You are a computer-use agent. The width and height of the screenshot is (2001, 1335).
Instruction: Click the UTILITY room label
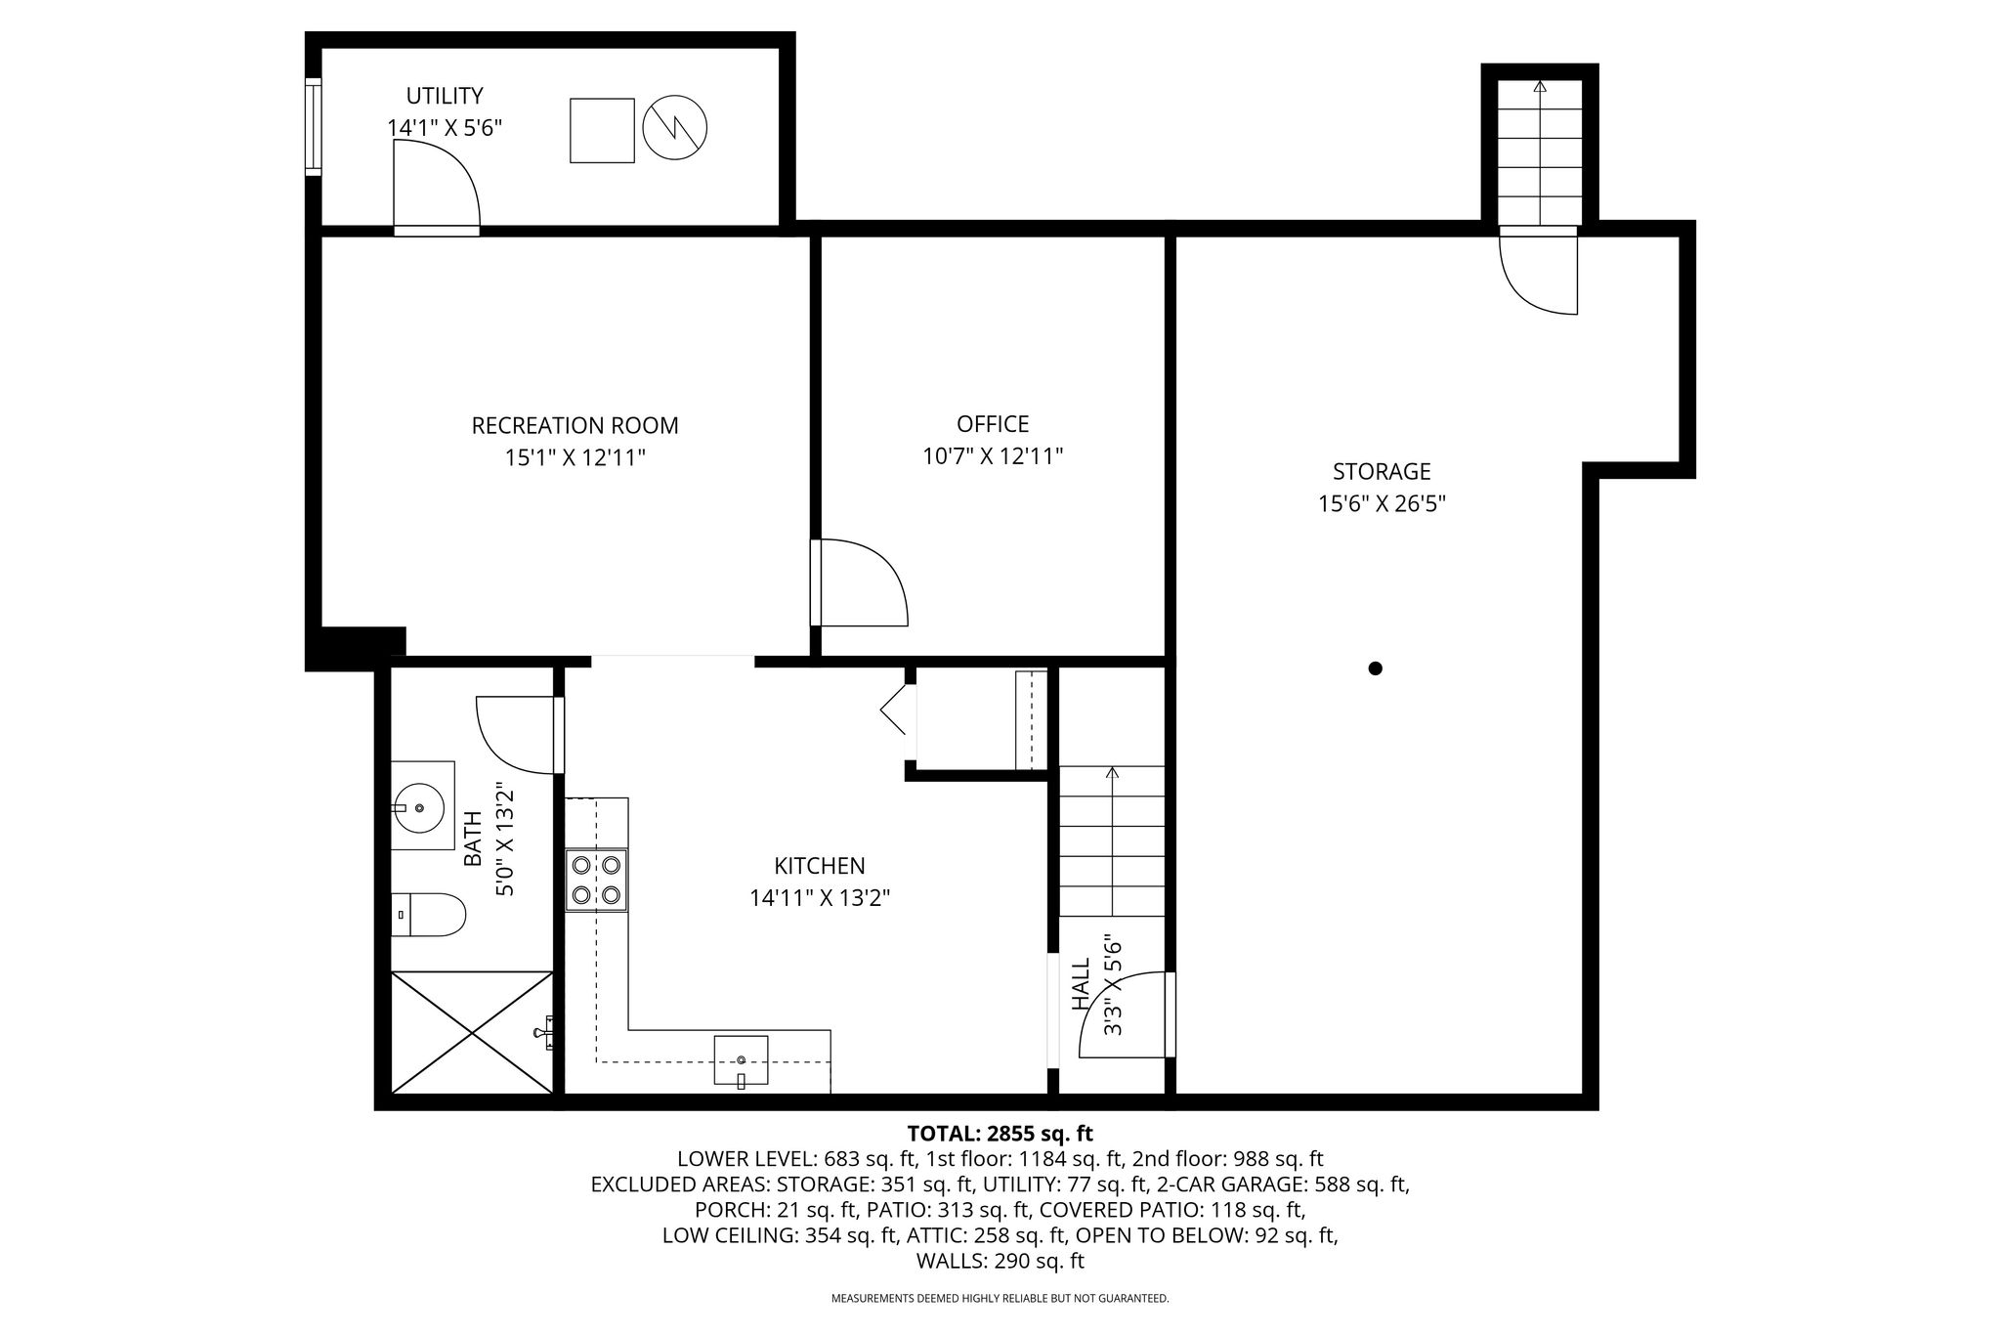tap(445, 96)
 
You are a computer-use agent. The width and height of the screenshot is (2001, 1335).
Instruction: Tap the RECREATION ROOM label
tap(575, 426)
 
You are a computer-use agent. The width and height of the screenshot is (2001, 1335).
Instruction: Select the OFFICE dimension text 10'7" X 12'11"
tap(993, 455)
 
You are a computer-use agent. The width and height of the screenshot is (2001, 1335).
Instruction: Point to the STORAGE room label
tap(1382, 472)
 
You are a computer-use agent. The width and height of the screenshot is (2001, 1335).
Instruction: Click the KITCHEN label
tap(820, 866)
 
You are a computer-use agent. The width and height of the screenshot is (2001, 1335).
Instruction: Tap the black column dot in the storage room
tap(1376, 668)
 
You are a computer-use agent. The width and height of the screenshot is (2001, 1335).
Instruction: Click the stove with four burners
tap(597, 881)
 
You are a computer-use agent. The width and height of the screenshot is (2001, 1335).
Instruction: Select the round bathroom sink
tap(421, 807)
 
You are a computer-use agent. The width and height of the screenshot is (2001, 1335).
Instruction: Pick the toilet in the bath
tap(428, 915)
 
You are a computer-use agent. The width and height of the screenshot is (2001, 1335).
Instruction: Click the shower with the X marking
tap(472, 1032)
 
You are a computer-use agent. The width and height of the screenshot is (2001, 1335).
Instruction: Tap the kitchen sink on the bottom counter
tap(741, 1061)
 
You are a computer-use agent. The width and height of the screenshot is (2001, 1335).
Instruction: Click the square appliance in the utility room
tap(603, 130)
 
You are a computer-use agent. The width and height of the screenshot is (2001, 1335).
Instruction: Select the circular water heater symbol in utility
tap(675, 128)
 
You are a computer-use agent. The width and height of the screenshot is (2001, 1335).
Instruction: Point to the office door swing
tap(860, 582)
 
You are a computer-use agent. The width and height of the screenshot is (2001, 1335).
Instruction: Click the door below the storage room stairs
tap(1538, 271)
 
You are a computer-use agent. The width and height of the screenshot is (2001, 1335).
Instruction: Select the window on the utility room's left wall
tap(313, 127)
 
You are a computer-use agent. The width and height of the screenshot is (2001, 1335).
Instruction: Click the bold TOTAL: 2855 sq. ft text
tap(1000, 1134)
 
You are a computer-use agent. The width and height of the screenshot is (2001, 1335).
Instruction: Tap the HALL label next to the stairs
tap(1081, 984)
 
